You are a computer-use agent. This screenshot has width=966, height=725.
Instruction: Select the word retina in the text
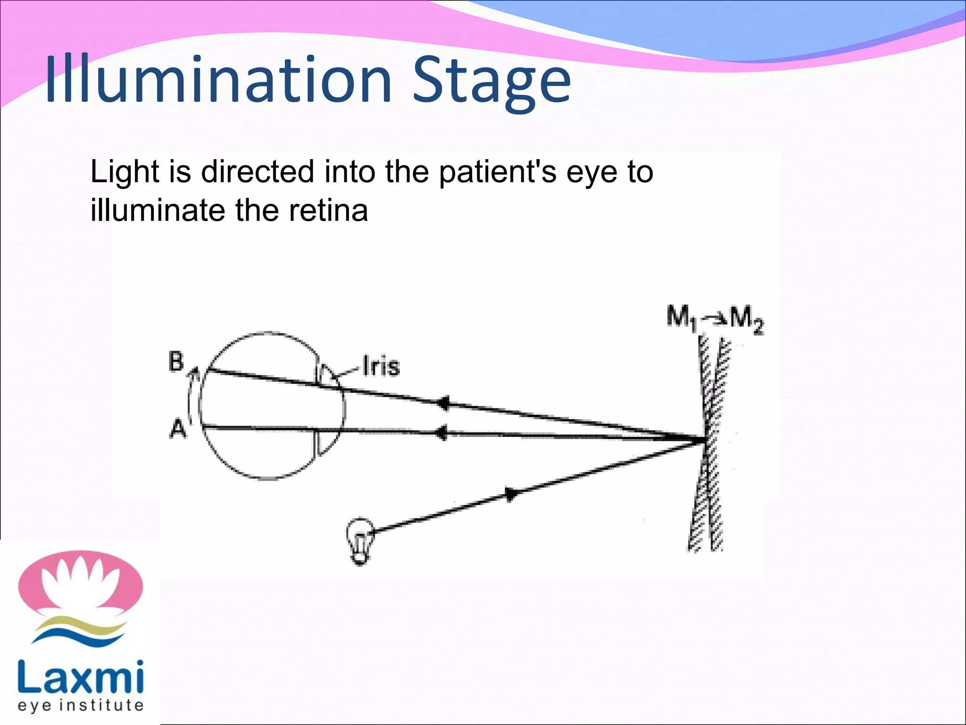(x=328, y=211)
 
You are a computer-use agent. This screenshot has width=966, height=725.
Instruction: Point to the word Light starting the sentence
(x=125, y=172)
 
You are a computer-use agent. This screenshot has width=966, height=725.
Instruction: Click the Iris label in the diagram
(x=381, y=366)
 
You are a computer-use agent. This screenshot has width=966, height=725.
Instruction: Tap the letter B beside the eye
(x=176, y=362)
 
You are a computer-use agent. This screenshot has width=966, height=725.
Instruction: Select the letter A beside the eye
(x=178, y=430)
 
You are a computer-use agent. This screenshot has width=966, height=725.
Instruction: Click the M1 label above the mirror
(x=681, y=317)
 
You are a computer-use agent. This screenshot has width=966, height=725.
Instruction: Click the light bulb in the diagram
(x=360, y=540)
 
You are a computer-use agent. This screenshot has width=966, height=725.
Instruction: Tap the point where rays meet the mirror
(x=704, y=440)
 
